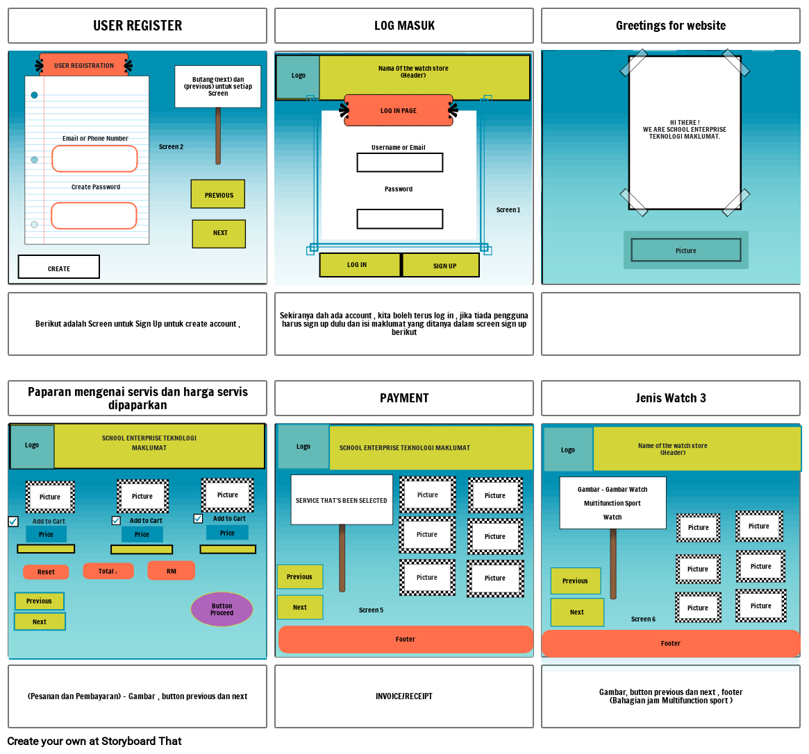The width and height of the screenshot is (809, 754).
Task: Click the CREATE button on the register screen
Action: click(59, 267)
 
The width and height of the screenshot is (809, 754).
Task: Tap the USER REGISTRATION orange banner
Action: click(84, 65)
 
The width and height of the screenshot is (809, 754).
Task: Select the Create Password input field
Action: click(94, 216)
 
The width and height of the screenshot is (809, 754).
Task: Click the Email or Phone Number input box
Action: click(94, 159)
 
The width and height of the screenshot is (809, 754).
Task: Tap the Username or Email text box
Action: click(399, 162)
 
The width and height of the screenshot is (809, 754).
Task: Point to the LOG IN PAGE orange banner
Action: click(399, 110)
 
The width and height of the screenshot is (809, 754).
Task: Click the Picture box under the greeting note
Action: click(685, 250)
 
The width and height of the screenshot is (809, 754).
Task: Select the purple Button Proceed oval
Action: click(222, 609)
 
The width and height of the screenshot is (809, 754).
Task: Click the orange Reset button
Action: click(46, 572)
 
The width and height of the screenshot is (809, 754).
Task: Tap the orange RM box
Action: click(171, 571)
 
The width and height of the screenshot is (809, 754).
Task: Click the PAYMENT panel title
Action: click(404, 398)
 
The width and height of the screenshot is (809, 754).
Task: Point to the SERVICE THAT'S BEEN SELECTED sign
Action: click(342, 500)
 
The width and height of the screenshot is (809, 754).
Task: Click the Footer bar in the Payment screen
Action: click(406, 640)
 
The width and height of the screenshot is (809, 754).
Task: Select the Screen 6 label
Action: click(643, 619)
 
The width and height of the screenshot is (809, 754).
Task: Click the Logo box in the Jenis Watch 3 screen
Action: click(568, 449)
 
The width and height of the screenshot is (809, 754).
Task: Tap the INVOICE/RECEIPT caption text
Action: click(404, 696)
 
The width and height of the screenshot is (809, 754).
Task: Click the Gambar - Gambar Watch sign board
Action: click(612, 503)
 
